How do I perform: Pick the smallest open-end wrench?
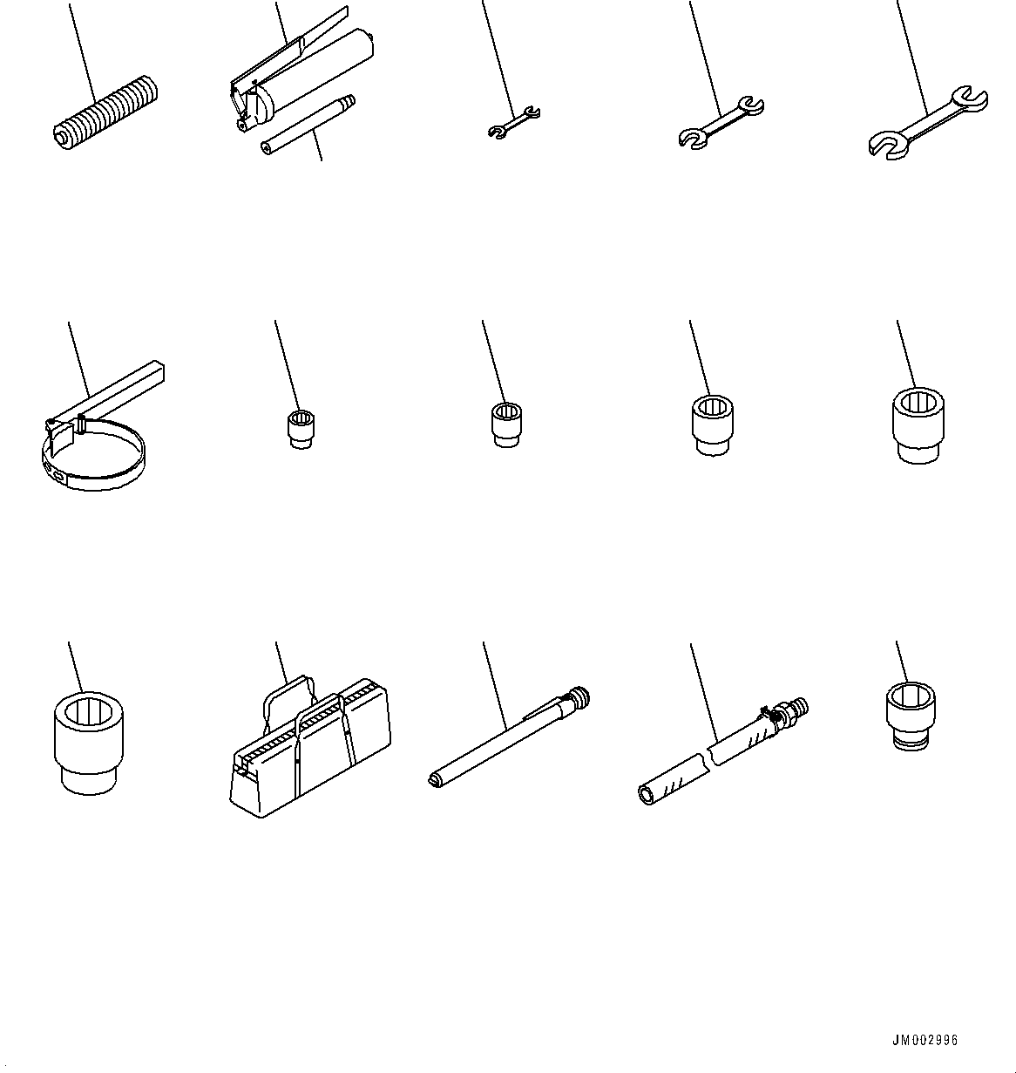pyautogui.click(x=513, y=121)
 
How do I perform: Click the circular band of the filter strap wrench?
pyautogui.click(x=96, y=466)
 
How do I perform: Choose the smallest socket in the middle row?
pyautogui.click(x=301, y=430)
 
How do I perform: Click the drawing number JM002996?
pyautogui.click(x=925, y=1040)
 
